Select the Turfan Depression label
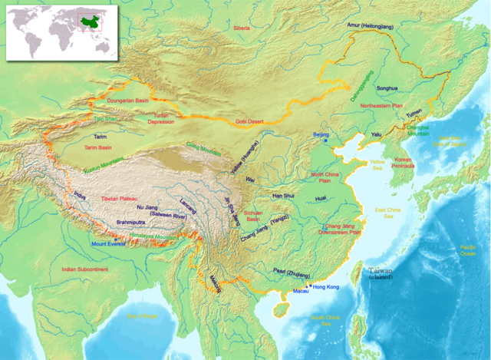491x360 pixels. click(160, 118)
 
